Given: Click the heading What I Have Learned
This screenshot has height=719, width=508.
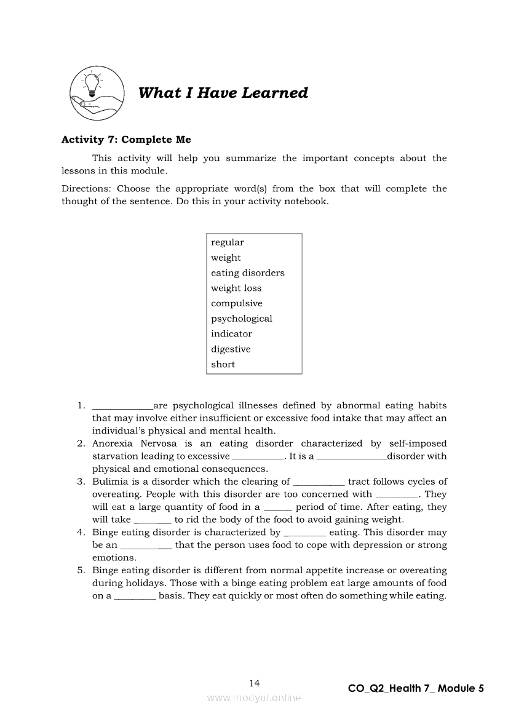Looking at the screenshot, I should pyautogui.click(x=223, y=93).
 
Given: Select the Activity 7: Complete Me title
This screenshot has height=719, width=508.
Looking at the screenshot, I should pyautogui.click(x=126, y=140).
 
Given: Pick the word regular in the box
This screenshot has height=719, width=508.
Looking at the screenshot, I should pyautogui.click(x=228, y=242).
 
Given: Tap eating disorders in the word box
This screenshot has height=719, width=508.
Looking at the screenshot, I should pyautogui.click(x=248, y=273).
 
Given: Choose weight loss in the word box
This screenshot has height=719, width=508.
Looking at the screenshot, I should pyautogui.click(x=236, y=288).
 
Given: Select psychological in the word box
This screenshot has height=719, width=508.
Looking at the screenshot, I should pyautogui.click(x=242, y=319).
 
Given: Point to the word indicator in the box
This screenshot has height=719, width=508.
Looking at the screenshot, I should pyautogui.click(x=231, y=334).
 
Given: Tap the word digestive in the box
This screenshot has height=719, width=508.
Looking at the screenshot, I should pyautogui.click(x=231, y=349).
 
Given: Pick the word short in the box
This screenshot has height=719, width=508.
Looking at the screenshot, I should pyautogui.click(x=223, y=364).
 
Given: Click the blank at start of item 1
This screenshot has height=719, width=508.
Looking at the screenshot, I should pyautogui.click(x=122, y=407).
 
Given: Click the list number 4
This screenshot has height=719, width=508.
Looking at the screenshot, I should pyautogui.click(x=81, y=532).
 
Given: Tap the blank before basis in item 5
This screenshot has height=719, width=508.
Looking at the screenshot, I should pyautogui.click(x=135, y=597).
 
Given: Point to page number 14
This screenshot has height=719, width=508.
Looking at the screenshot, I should pyautogui.click(x=255, y=683).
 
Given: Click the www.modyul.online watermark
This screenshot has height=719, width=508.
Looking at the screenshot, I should pyautogui.click(x=254, y=697).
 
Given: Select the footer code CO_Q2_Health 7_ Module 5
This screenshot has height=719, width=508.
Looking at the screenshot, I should pyautogui.click(x=416, y=688).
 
